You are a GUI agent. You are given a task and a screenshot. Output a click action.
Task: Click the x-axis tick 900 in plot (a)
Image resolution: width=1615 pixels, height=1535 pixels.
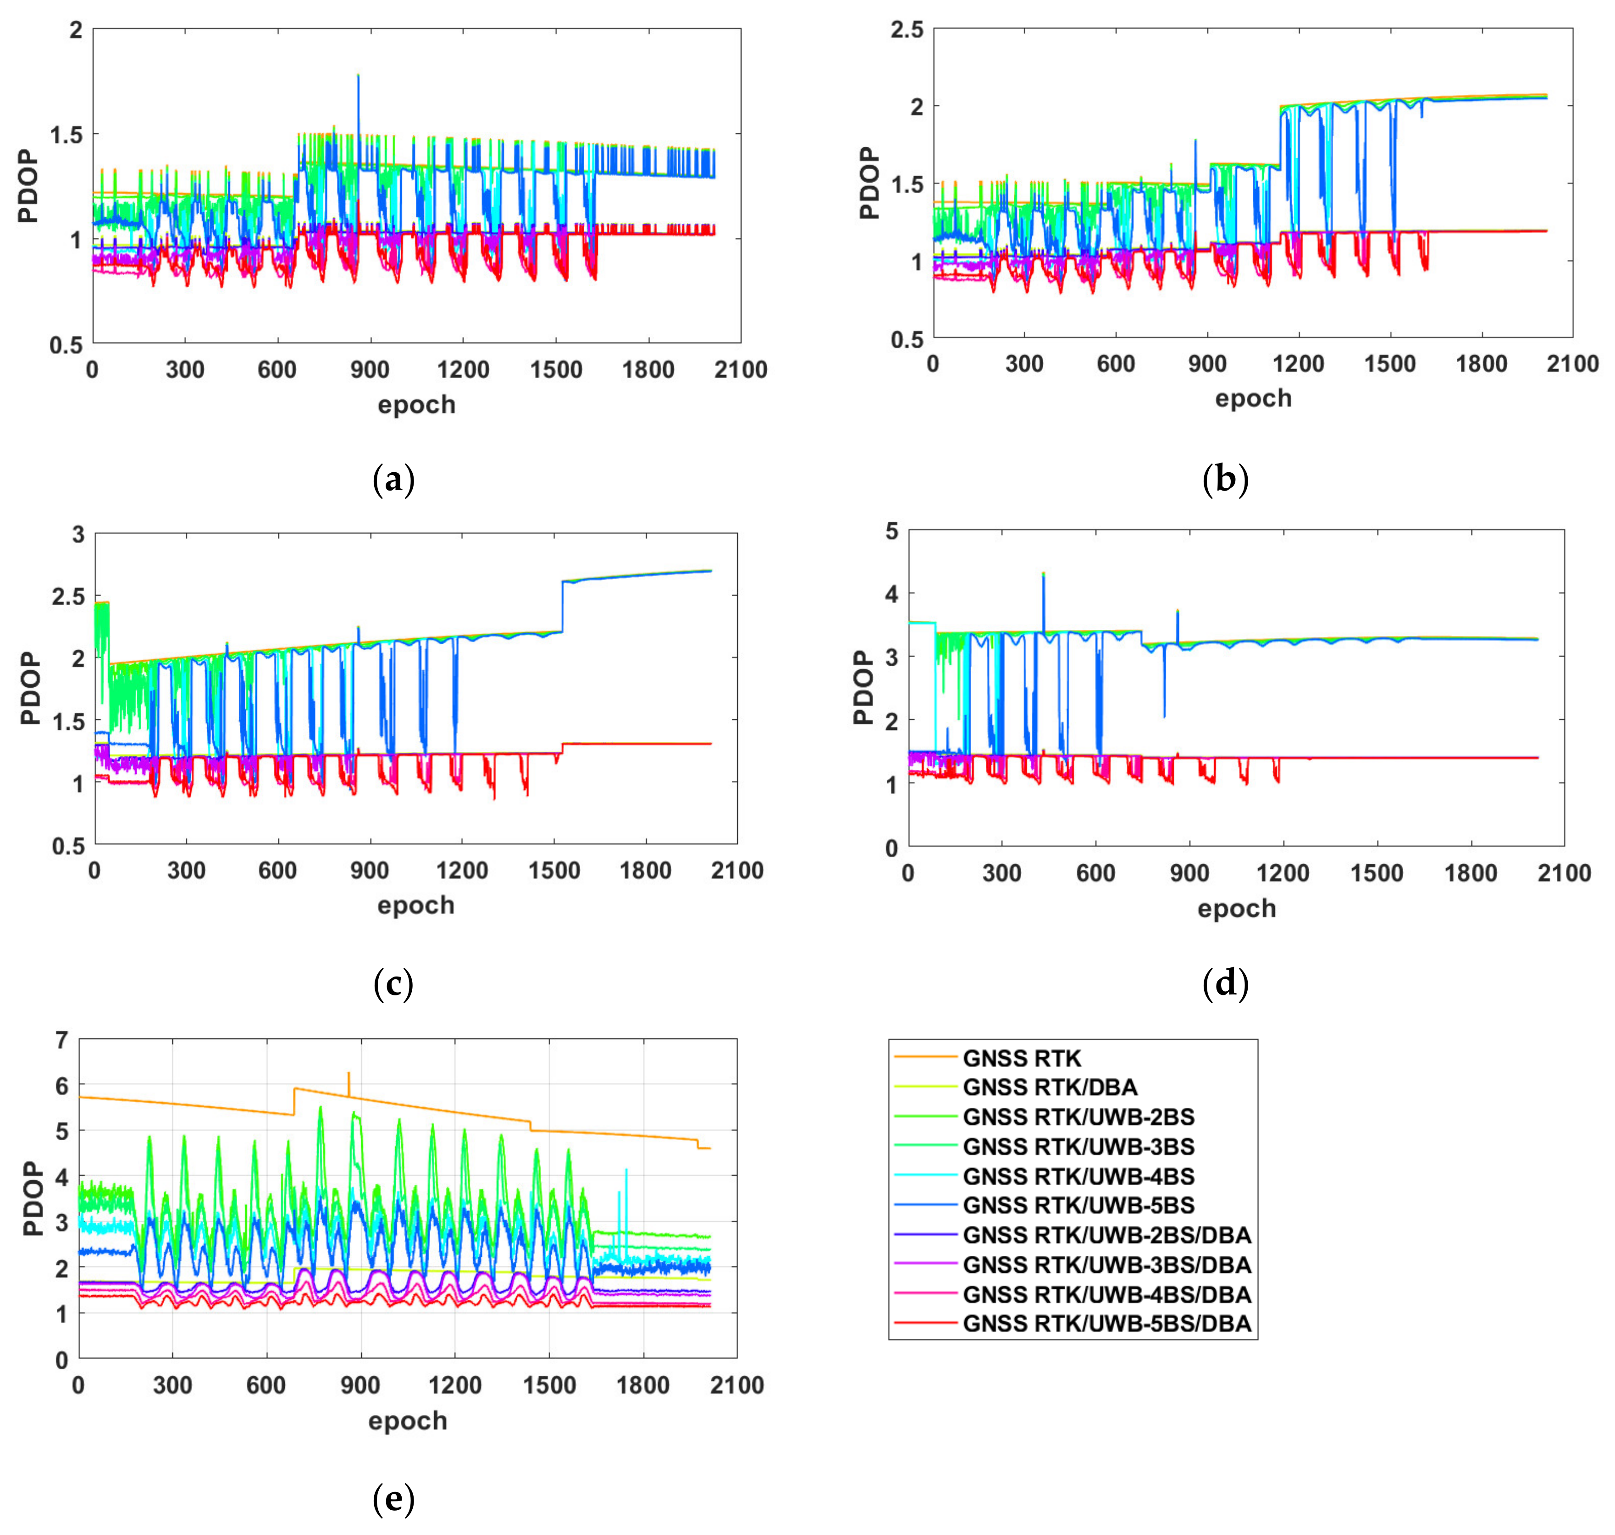tap(370, 370)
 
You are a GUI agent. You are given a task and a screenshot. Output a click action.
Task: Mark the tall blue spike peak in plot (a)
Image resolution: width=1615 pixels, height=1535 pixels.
tap(358, 75)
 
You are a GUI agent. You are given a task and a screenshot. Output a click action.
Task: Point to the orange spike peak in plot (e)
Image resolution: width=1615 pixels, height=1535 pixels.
tap(348, 1073)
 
